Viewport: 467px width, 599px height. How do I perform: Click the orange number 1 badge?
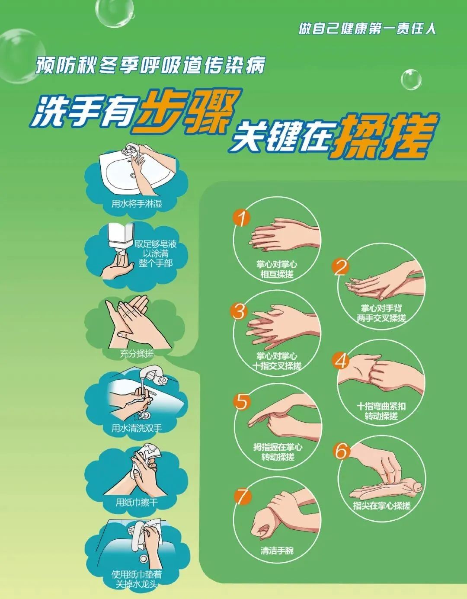pos(241,218)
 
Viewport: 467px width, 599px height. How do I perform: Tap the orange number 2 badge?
pos(341,267)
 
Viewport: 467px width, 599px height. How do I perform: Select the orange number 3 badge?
pos(239,311)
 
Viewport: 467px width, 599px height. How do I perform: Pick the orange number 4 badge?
pos(341,361)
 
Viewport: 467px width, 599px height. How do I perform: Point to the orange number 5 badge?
pos(241,402)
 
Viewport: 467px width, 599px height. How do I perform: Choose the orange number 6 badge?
pos(341,451)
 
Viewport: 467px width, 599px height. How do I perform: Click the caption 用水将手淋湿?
pos(137,204)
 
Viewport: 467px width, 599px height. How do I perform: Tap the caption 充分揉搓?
pos(137,353)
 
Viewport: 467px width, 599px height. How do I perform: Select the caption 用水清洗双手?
pos(137,428)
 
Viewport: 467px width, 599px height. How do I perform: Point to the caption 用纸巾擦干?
pos(137,503)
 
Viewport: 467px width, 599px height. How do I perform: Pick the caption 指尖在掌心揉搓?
pos(381,505)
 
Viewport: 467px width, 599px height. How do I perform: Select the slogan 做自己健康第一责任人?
pos(367,29)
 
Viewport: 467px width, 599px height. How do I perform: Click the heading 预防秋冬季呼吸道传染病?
pos(150,66)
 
